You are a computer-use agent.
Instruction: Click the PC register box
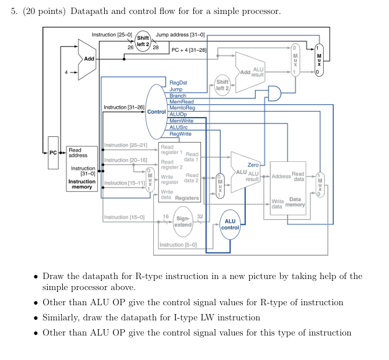click(x=53, y=153)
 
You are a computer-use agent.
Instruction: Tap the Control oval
click(x=156, y=111)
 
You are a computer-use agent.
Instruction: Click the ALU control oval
click(x=229, y=224)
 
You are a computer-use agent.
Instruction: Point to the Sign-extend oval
click(x=183, y=221)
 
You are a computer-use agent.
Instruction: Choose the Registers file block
click(x=179, y=172)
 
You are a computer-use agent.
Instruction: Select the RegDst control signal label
click(x=178, y=83)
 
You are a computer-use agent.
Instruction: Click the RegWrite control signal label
click(x=180, y=133)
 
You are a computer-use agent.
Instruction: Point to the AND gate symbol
click(x=273, y=93)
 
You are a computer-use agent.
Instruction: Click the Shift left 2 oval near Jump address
click(x=143, y=41)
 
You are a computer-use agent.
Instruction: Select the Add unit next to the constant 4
click(x=87, y=59)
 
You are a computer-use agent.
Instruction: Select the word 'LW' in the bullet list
click(x=238, y=317)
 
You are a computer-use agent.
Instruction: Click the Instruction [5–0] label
click(x=178, y=245)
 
